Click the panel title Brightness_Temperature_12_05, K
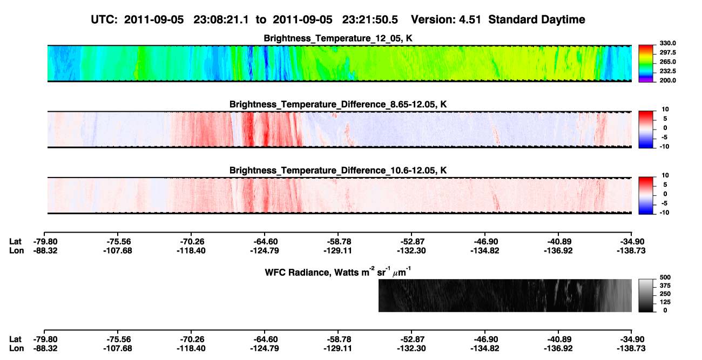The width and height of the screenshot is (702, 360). (338, 38)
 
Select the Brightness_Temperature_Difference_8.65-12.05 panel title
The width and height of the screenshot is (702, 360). (338, 104)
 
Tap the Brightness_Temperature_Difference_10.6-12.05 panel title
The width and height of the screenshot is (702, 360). (338, 171)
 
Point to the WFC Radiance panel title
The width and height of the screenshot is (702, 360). (338, 272)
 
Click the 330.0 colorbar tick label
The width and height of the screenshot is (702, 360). (667, 43)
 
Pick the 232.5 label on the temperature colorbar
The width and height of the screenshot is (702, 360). (667, 71)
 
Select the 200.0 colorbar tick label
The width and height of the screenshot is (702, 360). (667, 80)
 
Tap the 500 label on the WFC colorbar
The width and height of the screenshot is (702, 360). (665, 277)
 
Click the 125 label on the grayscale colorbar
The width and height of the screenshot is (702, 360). (665, 302)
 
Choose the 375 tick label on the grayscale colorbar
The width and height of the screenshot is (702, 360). (665, 286)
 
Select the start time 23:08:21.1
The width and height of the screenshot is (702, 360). (221, 20)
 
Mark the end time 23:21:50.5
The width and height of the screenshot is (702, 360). (370, 20)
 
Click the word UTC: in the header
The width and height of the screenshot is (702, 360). (104, 20)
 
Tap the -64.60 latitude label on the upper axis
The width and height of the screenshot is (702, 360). (265, 242)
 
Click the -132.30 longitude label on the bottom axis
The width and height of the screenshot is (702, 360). (411, 349)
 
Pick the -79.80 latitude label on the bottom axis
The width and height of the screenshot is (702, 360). (45, 339)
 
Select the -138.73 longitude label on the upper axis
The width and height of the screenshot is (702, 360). (631, 250)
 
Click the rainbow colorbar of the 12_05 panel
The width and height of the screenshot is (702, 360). (646, 64)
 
